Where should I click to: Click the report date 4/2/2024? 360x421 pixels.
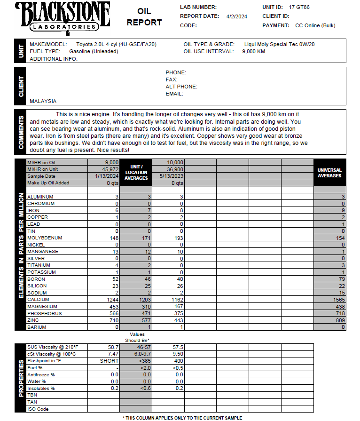pyautogui.click(x=236, y=16)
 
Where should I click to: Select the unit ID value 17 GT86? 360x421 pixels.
pyautogui.click(x=299, y=8)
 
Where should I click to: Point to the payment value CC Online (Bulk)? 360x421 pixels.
pyautogui.click(x=315, y=26)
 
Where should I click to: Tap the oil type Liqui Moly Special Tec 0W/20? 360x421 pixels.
pyautogui.click(x=280, y=44)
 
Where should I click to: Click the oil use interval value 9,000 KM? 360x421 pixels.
pyautogui.click(x=254, y=51)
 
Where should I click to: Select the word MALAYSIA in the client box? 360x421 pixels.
pyautogui.click(x=43, y=101)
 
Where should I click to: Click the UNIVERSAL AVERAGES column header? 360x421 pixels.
pyautogui.click(x=329, y=173)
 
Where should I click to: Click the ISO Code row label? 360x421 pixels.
pyautogui.click(x=38, y=409)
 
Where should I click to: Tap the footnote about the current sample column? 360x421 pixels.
pyautogui.click(x=182, y=418)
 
